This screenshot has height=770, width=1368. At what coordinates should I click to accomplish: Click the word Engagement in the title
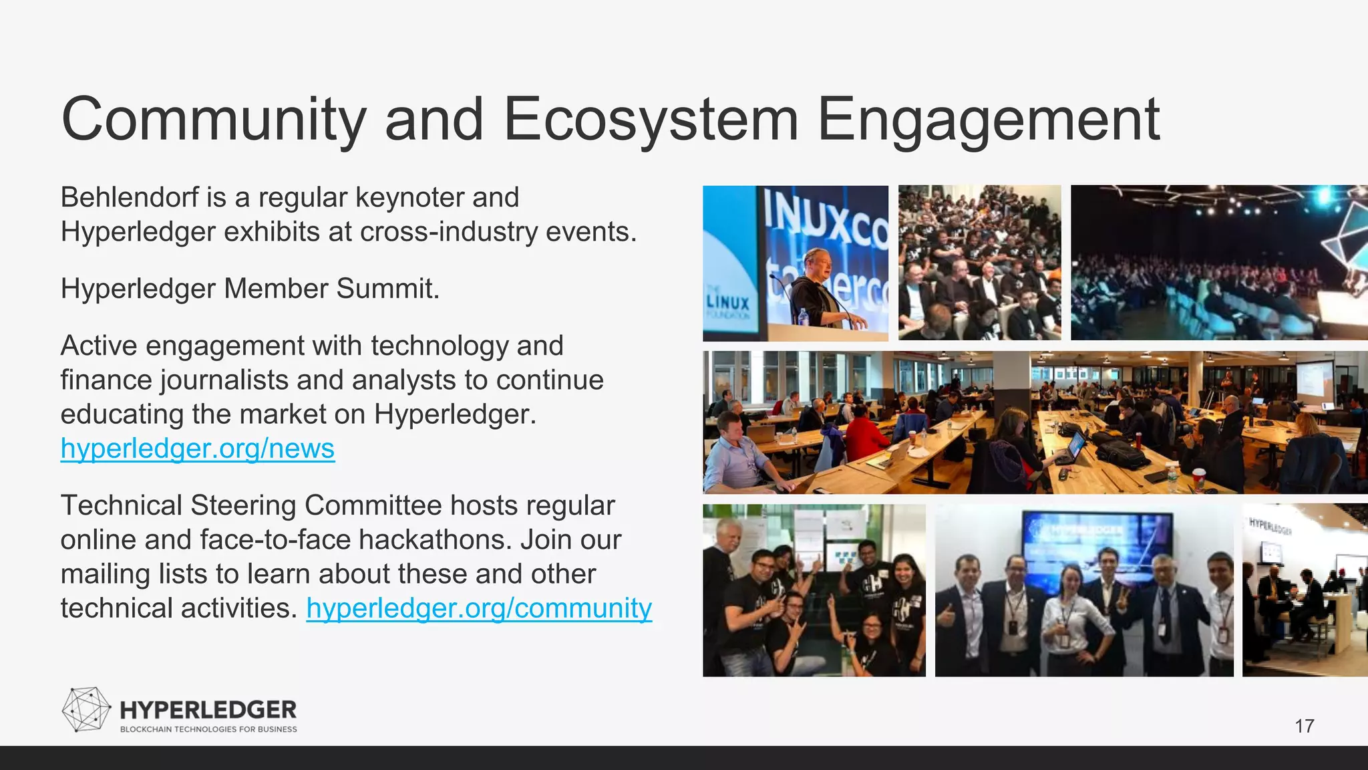click(989, 120)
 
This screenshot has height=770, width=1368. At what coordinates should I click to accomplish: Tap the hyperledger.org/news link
click(197, 448)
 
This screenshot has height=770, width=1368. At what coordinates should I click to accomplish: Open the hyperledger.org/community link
click(479, 608)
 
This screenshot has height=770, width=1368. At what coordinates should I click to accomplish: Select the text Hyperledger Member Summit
click(250, 289)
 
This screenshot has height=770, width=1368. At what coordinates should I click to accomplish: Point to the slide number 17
click(1304, 726)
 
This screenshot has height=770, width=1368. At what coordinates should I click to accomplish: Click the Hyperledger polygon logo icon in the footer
click(85, 709)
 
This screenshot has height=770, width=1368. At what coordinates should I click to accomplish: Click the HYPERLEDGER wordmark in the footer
click(208, 710)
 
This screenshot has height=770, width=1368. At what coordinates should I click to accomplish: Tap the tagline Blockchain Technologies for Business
click(208, 729)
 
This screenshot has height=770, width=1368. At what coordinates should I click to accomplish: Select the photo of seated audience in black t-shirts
click(979, 263)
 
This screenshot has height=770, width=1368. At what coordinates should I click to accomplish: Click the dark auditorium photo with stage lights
click(1218, 263)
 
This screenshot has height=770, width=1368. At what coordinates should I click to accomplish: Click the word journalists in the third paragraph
click(224, 380)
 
